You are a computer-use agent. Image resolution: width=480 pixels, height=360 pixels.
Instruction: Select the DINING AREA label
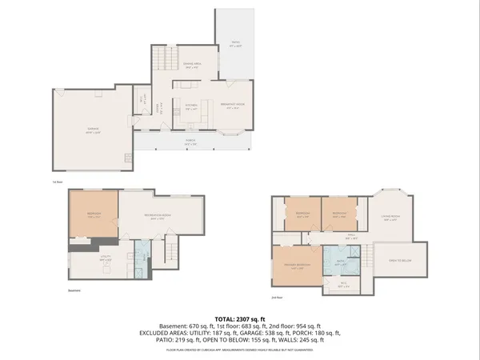(193, 67)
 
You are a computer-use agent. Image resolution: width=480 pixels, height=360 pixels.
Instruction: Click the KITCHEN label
(193, 105)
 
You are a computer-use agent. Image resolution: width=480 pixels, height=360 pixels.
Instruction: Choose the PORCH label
(192, 143)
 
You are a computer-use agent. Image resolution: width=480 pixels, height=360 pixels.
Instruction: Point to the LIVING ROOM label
(390, 218)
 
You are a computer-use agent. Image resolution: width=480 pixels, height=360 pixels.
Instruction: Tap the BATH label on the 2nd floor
(340, 261)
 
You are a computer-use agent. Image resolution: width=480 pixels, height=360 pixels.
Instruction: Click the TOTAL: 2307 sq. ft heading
(239, 318)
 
